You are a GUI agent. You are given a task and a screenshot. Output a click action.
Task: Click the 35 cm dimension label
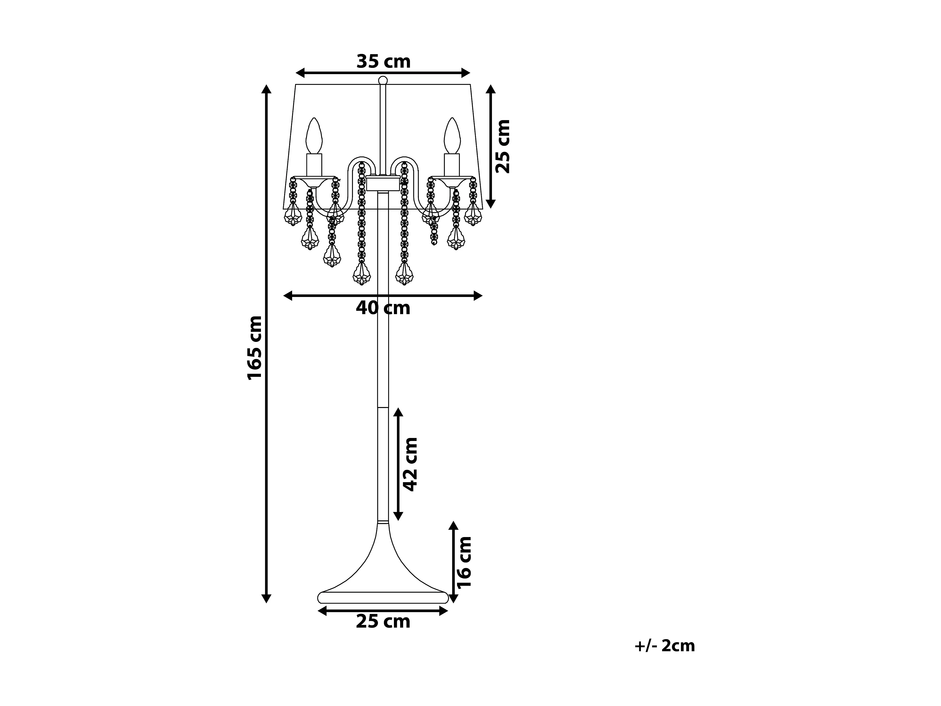point(383,62)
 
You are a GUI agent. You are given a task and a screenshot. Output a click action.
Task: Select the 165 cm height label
point(255,348)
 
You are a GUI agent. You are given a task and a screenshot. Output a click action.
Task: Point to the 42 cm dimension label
point(410,464)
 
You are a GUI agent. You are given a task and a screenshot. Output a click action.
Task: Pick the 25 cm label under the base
point(383,622)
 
